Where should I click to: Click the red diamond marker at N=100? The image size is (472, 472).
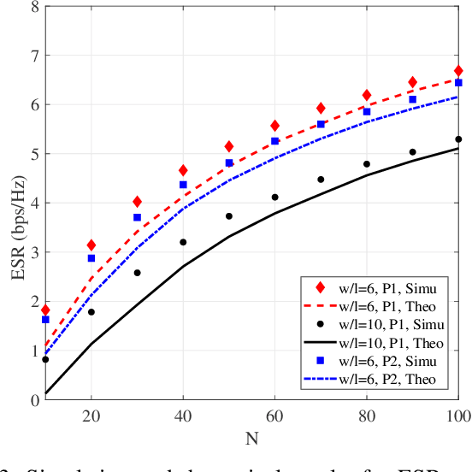tap(458, 71)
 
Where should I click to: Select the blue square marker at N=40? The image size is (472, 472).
tap(182, 185)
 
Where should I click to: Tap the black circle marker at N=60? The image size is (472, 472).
tap(274, 198)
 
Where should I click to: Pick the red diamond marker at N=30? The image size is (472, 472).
tap(137, 202)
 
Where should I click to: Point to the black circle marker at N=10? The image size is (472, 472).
tap(44, 359)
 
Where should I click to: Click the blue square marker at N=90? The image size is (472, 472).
tap(412, 100)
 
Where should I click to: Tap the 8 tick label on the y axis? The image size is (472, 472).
tap(34, 7)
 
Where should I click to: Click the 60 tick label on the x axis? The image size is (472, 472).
tap(274, 416)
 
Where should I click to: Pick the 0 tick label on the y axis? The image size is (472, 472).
tap(34, 399)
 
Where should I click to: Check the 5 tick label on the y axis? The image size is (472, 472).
tap(34, 154)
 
